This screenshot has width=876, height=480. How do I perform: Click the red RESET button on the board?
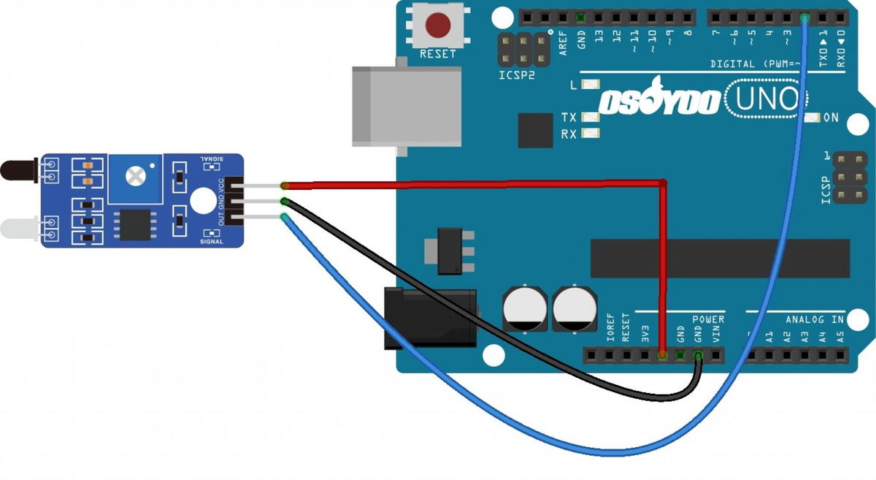tap(437, 26)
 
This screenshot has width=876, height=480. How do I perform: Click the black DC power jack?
tap(430, 318)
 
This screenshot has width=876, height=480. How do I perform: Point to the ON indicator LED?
tap(810, 118)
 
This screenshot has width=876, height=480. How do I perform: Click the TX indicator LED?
tap(591, 118)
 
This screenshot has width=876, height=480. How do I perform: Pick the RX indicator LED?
tap(591, 134)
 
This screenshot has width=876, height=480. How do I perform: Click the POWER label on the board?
tap(708, 319)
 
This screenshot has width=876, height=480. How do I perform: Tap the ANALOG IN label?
tap(815, 319)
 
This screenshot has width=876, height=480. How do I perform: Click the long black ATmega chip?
tap(720, 258)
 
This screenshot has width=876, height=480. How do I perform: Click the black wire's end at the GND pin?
tap(699, 356)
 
